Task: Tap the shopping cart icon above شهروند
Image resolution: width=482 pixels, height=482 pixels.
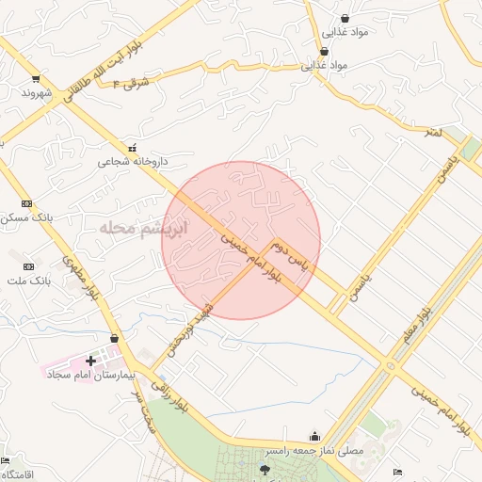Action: pos(36,78)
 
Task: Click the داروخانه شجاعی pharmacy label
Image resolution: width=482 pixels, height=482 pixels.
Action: pos(133,161)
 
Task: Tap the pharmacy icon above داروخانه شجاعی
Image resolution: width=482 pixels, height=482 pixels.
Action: pos(132,146)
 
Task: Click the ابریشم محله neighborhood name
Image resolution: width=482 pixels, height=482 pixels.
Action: pos(141,229)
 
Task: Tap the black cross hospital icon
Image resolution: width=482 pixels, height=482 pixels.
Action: pos(91,360)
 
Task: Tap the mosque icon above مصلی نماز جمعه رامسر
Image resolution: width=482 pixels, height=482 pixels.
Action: pos(314,437)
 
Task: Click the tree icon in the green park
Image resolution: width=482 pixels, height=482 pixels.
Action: pos(264,469)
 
